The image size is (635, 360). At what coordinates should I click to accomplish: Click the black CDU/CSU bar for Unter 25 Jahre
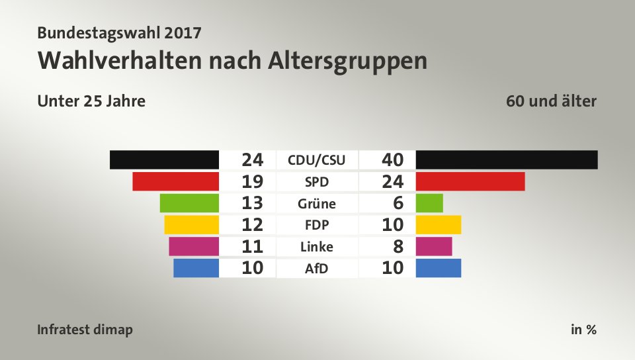pos(164,159)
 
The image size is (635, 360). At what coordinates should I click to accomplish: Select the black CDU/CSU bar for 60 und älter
pos(507,159)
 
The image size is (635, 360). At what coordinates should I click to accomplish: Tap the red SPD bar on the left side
pos(175,181)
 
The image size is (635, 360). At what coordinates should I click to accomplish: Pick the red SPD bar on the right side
pos(470,181)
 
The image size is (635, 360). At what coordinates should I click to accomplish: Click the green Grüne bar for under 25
pos(189,203)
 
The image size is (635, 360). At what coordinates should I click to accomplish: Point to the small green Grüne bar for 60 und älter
pos(429,203)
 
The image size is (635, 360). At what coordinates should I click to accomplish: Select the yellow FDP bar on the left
pos(191,225)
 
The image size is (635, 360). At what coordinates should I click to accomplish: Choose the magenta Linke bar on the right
pos(434,247)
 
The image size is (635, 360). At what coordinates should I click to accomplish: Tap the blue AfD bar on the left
pos(196,268)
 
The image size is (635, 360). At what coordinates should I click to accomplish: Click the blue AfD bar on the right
pos(439,268)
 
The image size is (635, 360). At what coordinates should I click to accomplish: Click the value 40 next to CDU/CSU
pos(393,159)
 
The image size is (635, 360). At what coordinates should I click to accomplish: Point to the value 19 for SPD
pos(253,181)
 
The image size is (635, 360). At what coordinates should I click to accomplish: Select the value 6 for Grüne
pos(398,203)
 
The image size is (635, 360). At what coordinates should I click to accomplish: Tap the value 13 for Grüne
pos(253,203)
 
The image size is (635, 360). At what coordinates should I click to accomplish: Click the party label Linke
pos(317,247)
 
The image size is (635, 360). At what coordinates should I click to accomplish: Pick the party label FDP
pos(317,225)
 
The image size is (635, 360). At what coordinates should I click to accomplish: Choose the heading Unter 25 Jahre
pos(91,101)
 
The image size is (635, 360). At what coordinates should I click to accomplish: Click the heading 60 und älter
pos(551,101)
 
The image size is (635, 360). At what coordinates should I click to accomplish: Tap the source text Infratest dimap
pos(85,330)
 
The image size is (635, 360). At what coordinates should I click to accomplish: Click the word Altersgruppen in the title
pos(347,60)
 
